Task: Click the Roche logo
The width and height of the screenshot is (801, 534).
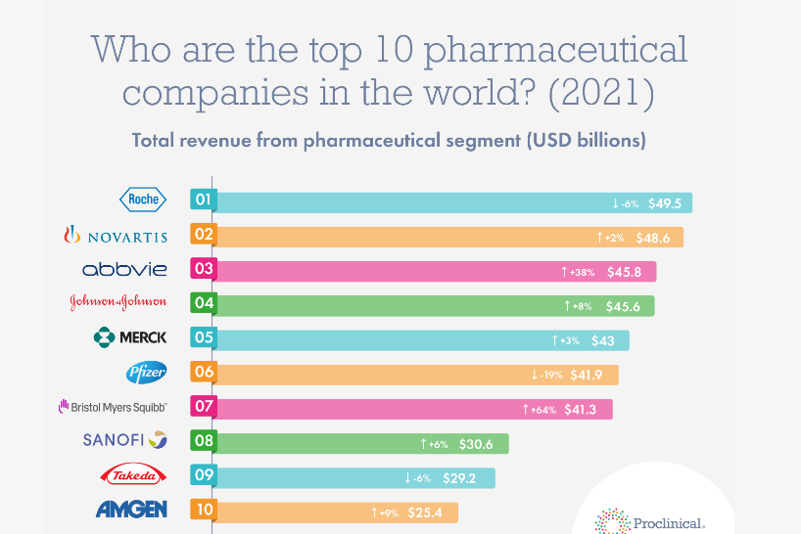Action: [143, 200]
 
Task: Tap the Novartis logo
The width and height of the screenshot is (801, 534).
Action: [116, 235]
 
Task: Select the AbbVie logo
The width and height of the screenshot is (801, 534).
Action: [124, 269]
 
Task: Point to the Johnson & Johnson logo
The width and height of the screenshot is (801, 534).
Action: [118, 302]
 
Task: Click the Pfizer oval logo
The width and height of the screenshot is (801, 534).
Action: [147, 373]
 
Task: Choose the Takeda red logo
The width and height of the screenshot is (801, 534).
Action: [133, 474]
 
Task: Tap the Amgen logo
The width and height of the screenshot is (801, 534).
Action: [131, 509]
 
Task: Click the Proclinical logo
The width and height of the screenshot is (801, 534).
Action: [650, 521]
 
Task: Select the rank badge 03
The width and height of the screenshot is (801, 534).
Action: [204, 268]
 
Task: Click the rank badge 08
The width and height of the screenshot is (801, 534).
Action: [204, 441]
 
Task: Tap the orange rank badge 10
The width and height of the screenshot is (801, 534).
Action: [204, 510]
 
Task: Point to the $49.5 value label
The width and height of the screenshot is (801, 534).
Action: [665, 203]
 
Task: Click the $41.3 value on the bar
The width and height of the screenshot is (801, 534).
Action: [581, 410]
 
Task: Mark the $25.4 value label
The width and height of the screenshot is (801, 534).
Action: [425, 512]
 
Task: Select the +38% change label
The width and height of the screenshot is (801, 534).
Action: [578, 272]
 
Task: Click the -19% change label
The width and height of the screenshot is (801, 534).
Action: [546, 376]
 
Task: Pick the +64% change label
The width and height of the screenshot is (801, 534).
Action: [540, 410]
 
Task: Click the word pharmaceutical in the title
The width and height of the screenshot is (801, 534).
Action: [556, 51]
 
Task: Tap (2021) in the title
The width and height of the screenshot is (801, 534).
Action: [601, 92]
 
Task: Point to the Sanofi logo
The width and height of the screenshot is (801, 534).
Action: [125, 440]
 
